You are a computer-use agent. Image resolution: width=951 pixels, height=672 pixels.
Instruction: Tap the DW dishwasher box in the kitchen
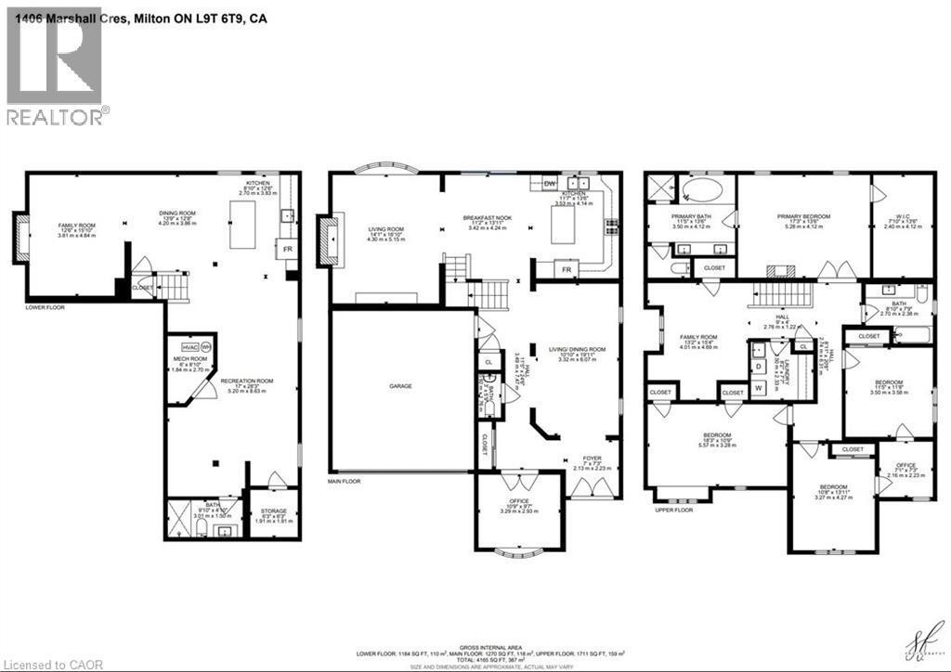tap(549, 184)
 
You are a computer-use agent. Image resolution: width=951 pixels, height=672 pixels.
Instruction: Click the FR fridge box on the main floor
tap(565, 269)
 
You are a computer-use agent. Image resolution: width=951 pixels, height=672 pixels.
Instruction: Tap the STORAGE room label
tap(273, 511)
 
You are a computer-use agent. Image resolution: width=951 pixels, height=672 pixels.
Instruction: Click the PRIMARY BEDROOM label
tap(803, 216)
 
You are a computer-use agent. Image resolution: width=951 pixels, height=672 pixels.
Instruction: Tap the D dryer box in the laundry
tap(759, 366)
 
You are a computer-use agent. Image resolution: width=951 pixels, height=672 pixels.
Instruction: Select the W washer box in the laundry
tap(759, 387)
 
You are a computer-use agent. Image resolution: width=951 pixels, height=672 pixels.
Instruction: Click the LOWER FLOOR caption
tap(46, 305)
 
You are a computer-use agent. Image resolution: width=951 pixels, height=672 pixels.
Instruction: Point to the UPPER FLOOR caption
tap(674, 510)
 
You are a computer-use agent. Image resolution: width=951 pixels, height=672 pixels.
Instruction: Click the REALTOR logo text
tap(57, 116)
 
